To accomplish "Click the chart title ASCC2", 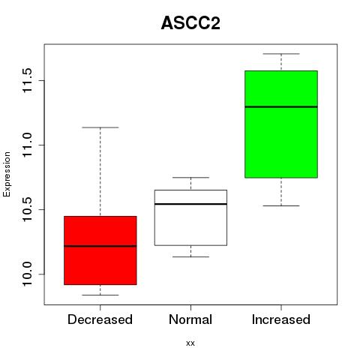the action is pos(190,23).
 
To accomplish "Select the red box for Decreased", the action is pos(100,250).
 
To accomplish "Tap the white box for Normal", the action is pos(190,217).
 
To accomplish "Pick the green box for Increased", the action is pos(281,124).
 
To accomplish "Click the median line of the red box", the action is pos(100,246).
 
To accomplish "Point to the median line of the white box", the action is pos(190,204).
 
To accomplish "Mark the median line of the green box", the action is pos(281,106).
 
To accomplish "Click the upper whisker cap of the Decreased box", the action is pos(100,127).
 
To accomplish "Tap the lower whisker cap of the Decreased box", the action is pos(100,295).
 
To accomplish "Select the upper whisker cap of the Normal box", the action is pos(190,178).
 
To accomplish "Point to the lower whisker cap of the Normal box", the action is pos(190,256).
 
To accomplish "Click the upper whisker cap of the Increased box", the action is pos(281,54).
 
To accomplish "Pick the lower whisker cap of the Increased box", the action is pos(281,205).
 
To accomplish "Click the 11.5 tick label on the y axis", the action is pos(27,80).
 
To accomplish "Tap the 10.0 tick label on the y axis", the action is pos(27,274).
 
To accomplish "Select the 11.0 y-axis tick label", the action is pos(27,145).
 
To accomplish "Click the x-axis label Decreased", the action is pos(100,319).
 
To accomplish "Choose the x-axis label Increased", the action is pos(281,319).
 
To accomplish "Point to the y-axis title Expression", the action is pos(7,174).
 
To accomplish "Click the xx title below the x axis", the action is pos(190,343).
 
